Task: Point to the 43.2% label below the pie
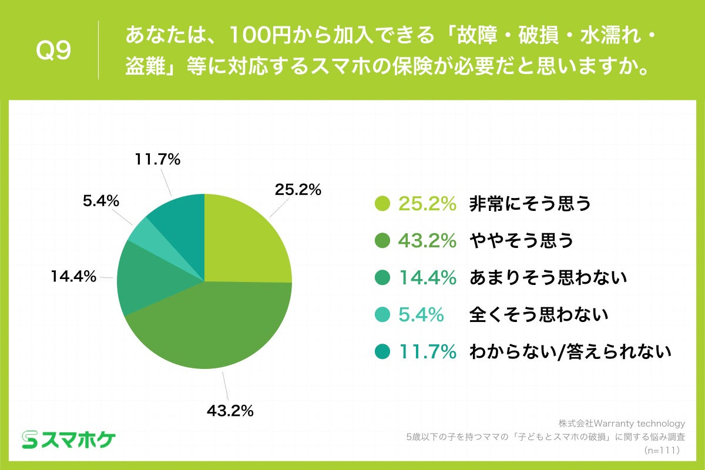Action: pos(230,411)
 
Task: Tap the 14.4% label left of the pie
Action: pos(73,277)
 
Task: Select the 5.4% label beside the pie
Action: pos(100,202)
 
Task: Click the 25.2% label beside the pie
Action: pos(298,190)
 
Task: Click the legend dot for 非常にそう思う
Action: pos(382,204)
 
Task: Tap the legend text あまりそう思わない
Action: pos(548,278)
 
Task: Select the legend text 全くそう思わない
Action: pos(538,315)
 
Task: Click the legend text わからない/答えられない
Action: pos(570,352)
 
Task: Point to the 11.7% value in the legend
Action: pos(428,352)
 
